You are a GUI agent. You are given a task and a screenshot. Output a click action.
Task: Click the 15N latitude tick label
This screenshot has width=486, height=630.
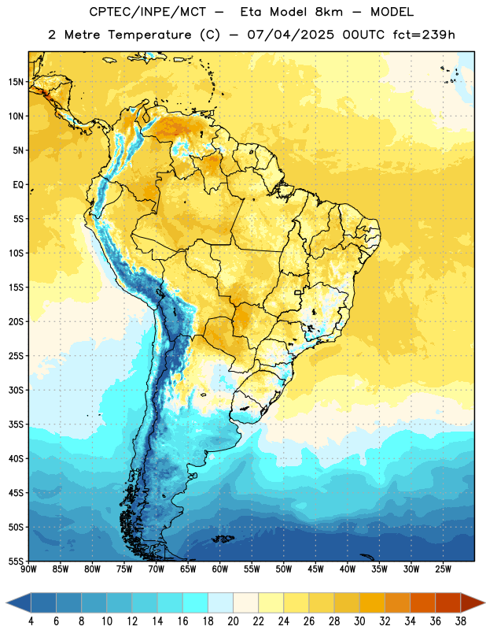pyautogui.click(x=16, y=82)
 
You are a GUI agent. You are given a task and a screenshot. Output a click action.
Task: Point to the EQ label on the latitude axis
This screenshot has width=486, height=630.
pyautogui.click(x=18, y=185)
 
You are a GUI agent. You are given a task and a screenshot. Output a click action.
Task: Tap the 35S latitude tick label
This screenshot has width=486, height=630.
pyautogui.click(x=16, y=424)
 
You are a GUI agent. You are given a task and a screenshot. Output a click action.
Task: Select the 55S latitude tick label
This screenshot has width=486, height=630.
pyautogui.click(x=16, y=561)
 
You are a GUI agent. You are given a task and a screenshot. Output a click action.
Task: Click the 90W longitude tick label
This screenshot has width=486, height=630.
pyautogui.click(x=28, y=569)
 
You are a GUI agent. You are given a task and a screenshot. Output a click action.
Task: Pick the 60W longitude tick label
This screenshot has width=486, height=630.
pyautogui.click(x=220, y=569)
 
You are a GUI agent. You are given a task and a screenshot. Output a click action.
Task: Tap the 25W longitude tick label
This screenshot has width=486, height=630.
pyautogui.click(x=443, y=569)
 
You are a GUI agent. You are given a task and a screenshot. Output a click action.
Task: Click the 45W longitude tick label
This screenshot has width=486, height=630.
pyautogui.click(x=315, y=569)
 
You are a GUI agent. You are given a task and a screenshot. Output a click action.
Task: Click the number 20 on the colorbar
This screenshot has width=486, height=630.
pyautogui.click(x=233, y=621)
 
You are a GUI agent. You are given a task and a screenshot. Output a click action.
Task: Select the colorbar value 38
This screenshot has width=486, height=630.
pyautogui.click(x=461, y=621)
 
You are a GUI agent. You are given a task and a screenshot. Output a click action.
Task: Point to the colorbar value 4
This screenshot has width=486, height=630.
pyautogui.click(x=31, y=621)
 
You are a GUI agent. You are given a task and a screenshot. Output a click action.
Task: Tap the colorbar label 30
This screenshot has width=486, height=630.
pyautogui.click(x=359, y=621)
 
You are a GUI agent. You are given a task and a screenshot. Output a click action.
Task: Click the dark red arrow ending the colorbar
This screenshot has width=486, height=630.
pyautogui.click(x=472, y=602)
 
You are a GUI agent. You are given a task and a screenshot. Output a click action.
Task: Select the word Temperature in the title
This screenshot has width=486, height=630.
pyautogui.click(x=149, y=35)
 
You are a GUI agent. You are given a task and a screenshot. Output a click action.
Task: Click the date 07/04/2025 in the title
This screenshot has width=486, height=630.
pyautogui.click(x=290, y=35)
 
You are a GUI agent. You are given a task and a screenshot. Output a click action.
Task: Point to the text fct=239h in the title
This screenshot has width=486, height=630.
pyautogui.click(x=424, y=35)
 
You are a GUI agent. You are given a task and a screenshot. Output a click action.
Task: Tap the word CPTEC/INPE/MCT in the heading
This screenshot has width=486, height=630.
pyautogui.click(x=147, y=12)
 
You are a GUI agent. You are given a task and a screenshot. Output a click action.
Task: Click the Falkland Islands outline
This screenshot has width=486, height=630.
pyautogui.click(x=223, y=539)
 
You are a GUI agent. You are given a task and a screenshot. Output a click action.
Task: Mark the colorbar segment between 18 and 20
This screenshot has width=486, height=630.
pyautogui.click(x=221, y=602)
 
